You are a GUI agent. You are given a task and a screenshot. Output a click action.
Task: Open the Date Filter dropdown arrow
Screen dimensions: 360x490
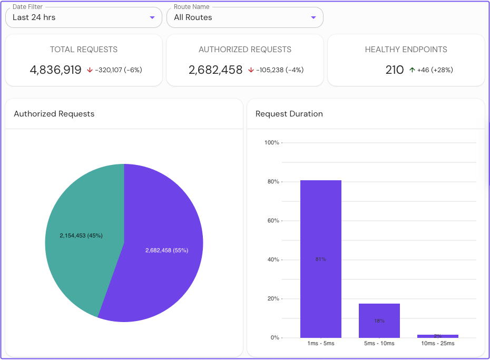(152, 17)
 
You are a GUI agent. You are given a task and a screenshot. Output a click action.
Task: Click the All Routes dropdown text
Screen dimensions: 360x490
(193, 17)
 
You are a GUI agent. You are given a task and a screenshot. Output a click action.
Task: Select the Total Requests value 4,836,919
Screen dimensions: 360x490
(55, 70)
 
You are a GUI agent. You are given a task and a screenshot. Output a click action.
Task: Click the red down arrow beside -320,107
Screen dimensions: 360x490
(90, 70)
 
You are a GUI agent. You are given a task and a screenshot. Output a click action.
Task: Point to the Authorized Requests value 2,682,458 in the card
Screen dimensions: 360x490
(215, 70)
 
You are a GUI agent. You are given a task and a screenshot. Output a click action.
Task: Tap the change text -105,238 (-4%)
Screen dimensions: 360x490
(280, 70)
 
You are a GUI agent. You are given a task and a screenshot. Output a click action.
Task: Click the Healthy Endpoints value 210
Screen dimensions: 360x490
(395, 70)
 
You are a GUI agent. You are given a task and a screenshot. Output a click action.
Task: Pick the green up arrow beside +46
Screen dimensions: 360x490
(412, 70)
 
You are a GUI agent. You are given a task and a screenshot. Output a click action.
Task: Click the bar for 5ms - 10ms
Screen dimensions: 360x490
(379, 320)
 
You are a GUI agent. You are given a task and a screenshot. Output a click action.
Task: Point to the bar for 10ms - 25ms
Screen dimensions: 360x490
(438, 336)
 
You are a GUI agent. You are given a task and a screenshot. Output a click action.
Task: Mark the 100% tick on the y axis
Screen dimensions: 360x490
(271, 143)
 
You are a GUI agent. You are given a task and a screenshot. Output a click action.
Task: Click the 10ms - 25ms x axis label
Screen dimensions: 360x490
(438, 344)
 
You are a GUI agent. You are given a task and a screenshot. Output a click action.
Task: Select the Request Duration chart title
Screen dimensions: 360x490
(289, 114)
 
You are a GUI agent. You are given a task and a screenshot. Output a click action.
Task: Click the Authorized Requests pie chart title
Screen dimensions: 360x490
(54, 114)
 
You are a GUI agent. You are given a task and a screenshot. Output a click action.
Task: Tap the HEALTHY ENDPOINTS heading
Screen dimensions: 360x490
(406, 50)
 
